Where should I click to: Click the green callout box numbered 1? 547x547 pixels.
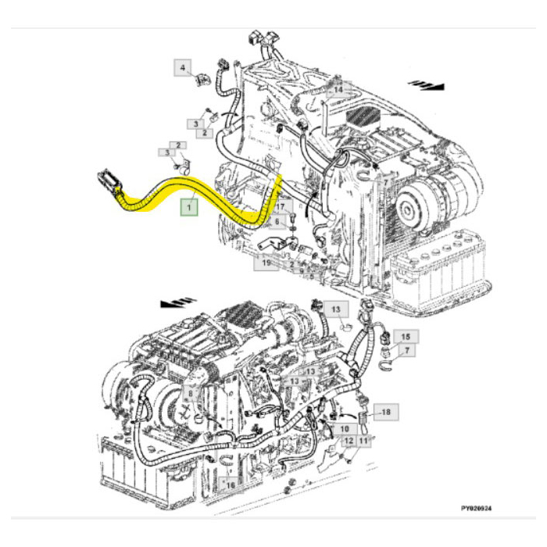(x=188, y=207)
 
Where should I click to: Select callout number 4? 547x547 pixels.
(x=183, y=69)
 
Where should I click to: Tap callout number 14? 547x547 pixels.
(x=338, y=91)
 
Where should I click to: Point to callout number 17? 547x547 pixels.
(x=281, y=207)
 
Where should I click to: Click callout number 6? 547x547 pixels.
(x=275, y=222)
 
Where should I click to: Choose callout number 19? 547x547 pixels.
(x=266, y=263)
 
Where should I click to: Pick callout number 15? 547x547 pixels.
(x=405, y=337)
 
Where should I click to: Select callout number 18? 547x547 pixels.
(x=385, y=410)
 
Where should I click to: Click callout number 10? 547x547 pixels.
(x=344, y=429)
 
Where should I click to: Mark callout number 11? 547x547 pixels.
(x=363, y=442)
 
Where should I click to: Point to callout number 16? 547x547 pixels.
(x=230, y=485)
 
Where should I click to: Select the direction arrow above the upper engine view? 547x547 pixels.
(x=428, y=84)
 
